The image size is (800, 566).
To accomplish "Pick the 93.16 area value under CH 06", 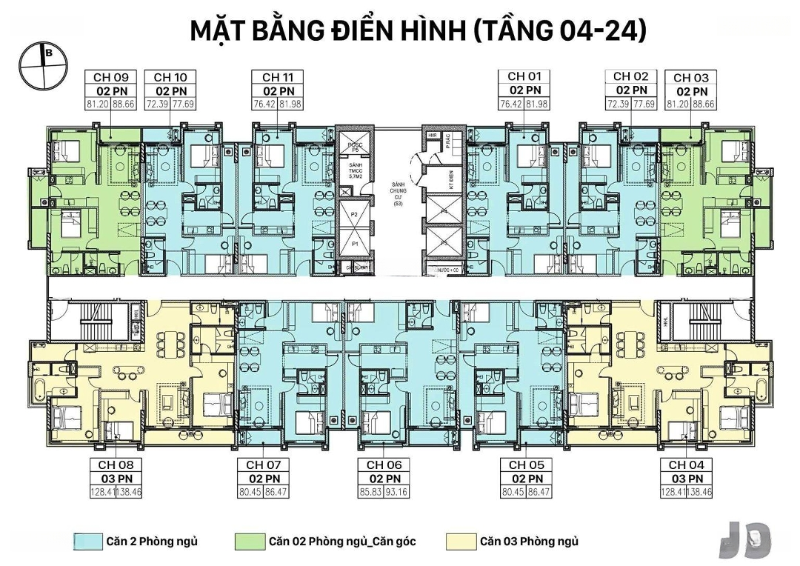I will (x=397, y=491).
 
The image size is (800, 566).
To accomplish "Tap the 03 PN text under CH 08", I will (x=116, y=478).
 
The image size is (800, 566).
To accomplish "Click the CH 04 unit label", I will (x=687, y=465).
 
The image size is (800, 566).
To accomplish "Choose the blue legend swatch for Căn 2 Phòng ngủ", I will (x=87, y=542).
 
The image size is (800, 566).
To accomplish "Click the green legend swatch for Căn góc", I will (x=250, y=542).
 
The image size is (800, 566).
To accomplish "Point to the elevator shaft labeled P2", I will (x=355, y=214).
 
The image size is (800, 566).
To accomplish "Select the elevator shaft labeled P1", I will (x=355, y=243).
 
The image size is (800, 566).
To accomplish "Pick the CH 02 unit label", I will (x=631, y=76).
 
